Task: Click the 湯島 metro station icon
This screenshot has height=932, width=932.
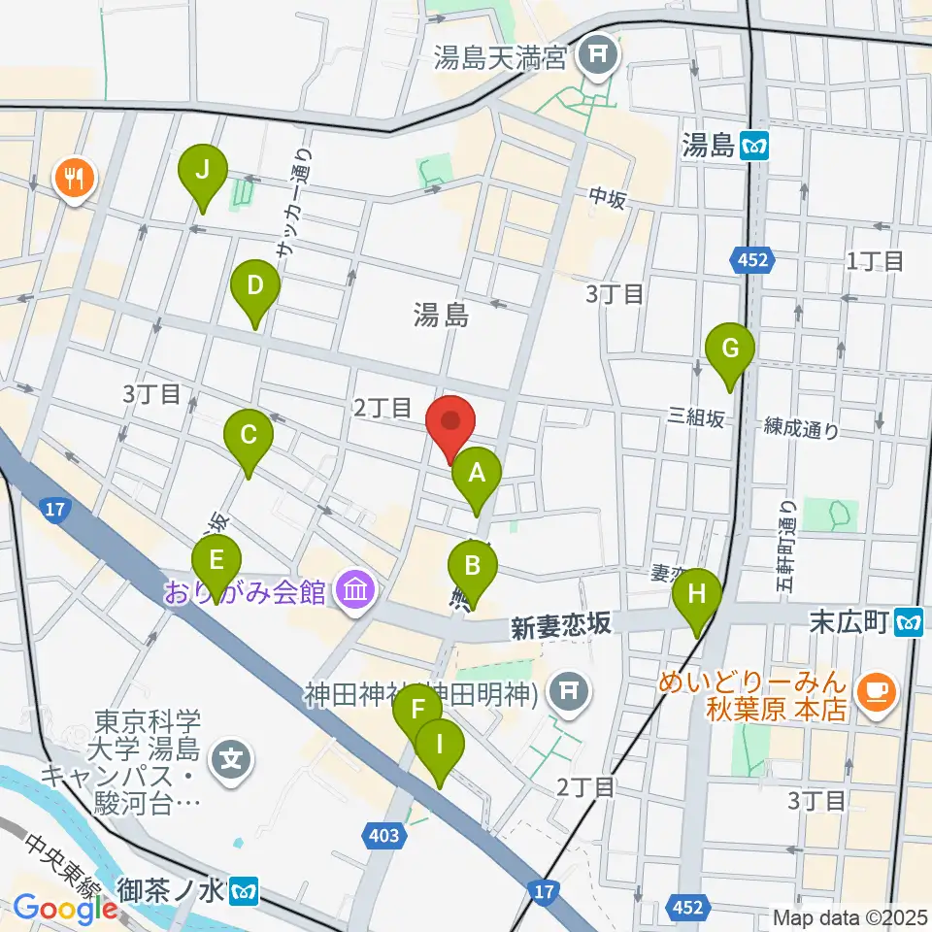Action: (754, 147)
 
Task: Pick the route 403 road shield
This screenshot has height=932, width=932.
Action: (383, 834)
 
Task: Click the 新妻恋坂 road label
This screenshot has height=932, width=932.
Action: (563, 625)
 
